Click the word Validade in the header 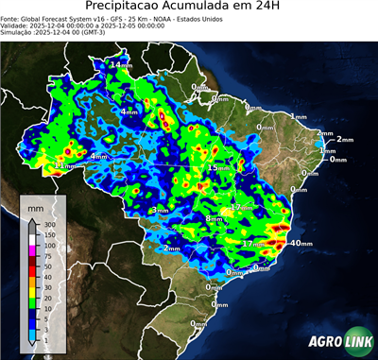point(17,26)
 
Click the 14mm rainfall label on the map point(121,64)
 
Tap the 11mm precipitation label point(63,165)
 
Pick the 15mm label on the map point(218,167)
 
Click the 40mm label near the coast point(301,243)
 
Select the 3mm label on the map point(160,210)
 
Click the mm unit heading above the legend point(36,205)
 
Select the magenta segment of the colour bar point(31,250)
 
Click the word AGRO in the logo point(324,343)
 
